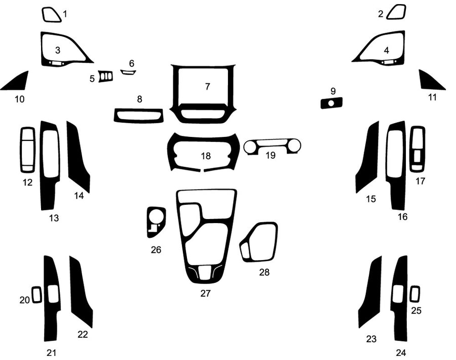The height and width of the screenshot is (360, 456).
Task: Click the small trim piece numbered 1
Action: (52, 15)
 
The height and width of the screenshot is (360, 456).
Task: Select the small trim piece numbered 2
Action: (396, 12)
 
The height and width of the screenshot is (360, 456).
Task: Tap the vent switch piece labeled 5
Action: (106, 77)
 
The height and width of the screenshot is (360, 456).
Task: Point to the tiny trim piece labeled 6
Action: (128, 72)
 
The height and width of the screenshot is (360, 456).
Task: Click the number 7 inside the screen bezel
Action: (207, 86)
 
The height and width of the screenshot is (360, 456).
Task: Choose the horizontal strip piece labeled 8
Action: (139, 116)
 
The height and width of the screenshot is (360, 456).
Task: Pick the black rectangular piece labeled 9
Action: (331, 103)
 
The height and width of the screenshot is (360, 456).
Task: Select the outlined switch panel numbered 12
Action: (27, 150)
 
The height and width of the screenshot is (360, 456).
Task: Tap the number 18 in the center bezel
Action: (206, 156)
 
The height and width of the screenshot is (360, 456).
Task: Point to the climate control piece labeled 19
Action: (273, 147)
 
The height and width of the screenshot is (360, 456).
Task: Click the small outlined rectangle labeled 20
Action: (36, 295)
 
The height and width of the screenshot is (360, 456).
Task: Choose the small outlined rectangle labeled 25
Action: (415, 294)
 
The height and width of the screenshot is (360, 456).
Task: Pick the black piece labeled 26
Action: (155, 222)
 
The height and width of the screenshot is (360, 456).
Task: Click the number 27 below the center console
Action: (205, 293)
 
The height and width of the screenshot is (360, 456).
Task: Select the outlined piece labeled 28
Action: (259, 242)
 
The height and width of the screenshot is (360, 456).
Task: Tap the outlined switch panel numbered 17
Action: (417, 150)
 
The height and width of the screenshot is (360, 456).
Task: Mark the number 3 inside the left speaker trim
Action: (58, 50)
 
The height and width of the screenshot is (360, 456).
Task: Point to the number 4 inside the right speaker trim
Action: (387, 50)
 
